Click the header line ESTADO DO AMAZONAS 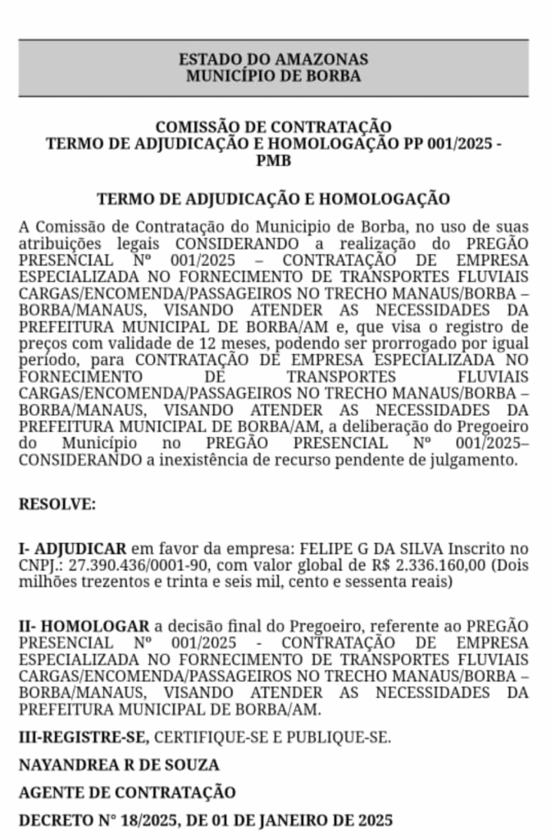(x=274, y=60)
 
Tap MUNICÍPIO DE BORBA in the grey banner (x=274, y=76)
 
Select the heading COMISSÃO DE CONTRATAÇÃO (x=274, y=127)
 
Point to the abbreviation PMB (x=274, y=161)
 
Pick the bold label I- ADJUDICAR (x=72, y=548)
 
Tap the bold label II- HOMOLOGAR (x=84, y=626)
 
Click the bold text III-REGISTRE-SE (x=84, y=736)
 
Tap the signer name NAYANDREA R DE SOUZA (x=119, y=765)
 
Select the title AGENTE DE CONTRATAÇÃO (x=127, y=792)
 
